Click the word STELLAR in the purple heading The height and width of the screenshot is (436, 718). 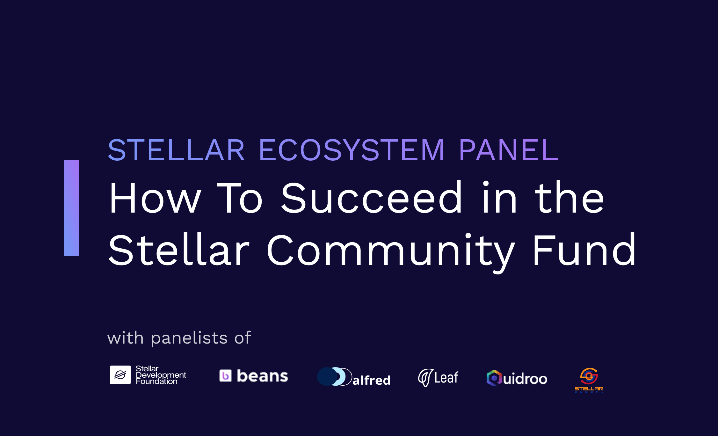[x=177, y=150]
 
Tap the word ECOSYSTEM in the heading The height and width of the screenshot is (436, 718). [x=352, y=150]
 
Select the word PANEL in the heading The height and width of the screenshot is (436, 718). [x=509, y=150]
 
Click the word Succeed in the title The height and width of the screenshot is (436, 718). [x=372, y=198]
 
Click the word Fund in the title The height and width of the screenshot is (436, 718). [x=584, y=250]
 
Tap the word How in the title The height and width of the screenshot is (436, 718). [x=155, y=198]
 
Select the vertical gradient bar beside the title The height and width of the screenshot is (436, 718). [x=71, y=208]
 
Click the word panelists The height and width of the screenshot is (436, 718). [x=189, y=338]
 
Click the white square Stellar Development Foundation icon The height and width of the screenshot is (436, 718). [x=120, y=375]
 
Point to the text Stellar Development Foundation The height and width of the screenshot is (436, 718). [x=161, y=375]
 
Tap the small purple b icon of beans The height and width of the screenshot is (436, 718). [x=226, y=375]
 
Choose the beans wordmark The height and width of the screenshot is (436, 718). [x=262, y=376]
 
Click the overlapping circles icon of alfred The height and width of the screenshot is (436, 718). [x=335, y=376]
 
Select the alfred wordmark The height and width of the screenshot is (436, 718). [x=371, y=380]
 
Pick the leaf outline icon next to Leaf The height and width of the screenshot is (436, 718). [x=425, y=378]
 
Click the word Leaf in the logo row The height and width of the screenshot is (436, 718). [x=446, y=378]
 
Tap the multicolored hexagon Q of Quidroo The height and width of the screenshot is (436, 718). [x=494, y=378]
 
